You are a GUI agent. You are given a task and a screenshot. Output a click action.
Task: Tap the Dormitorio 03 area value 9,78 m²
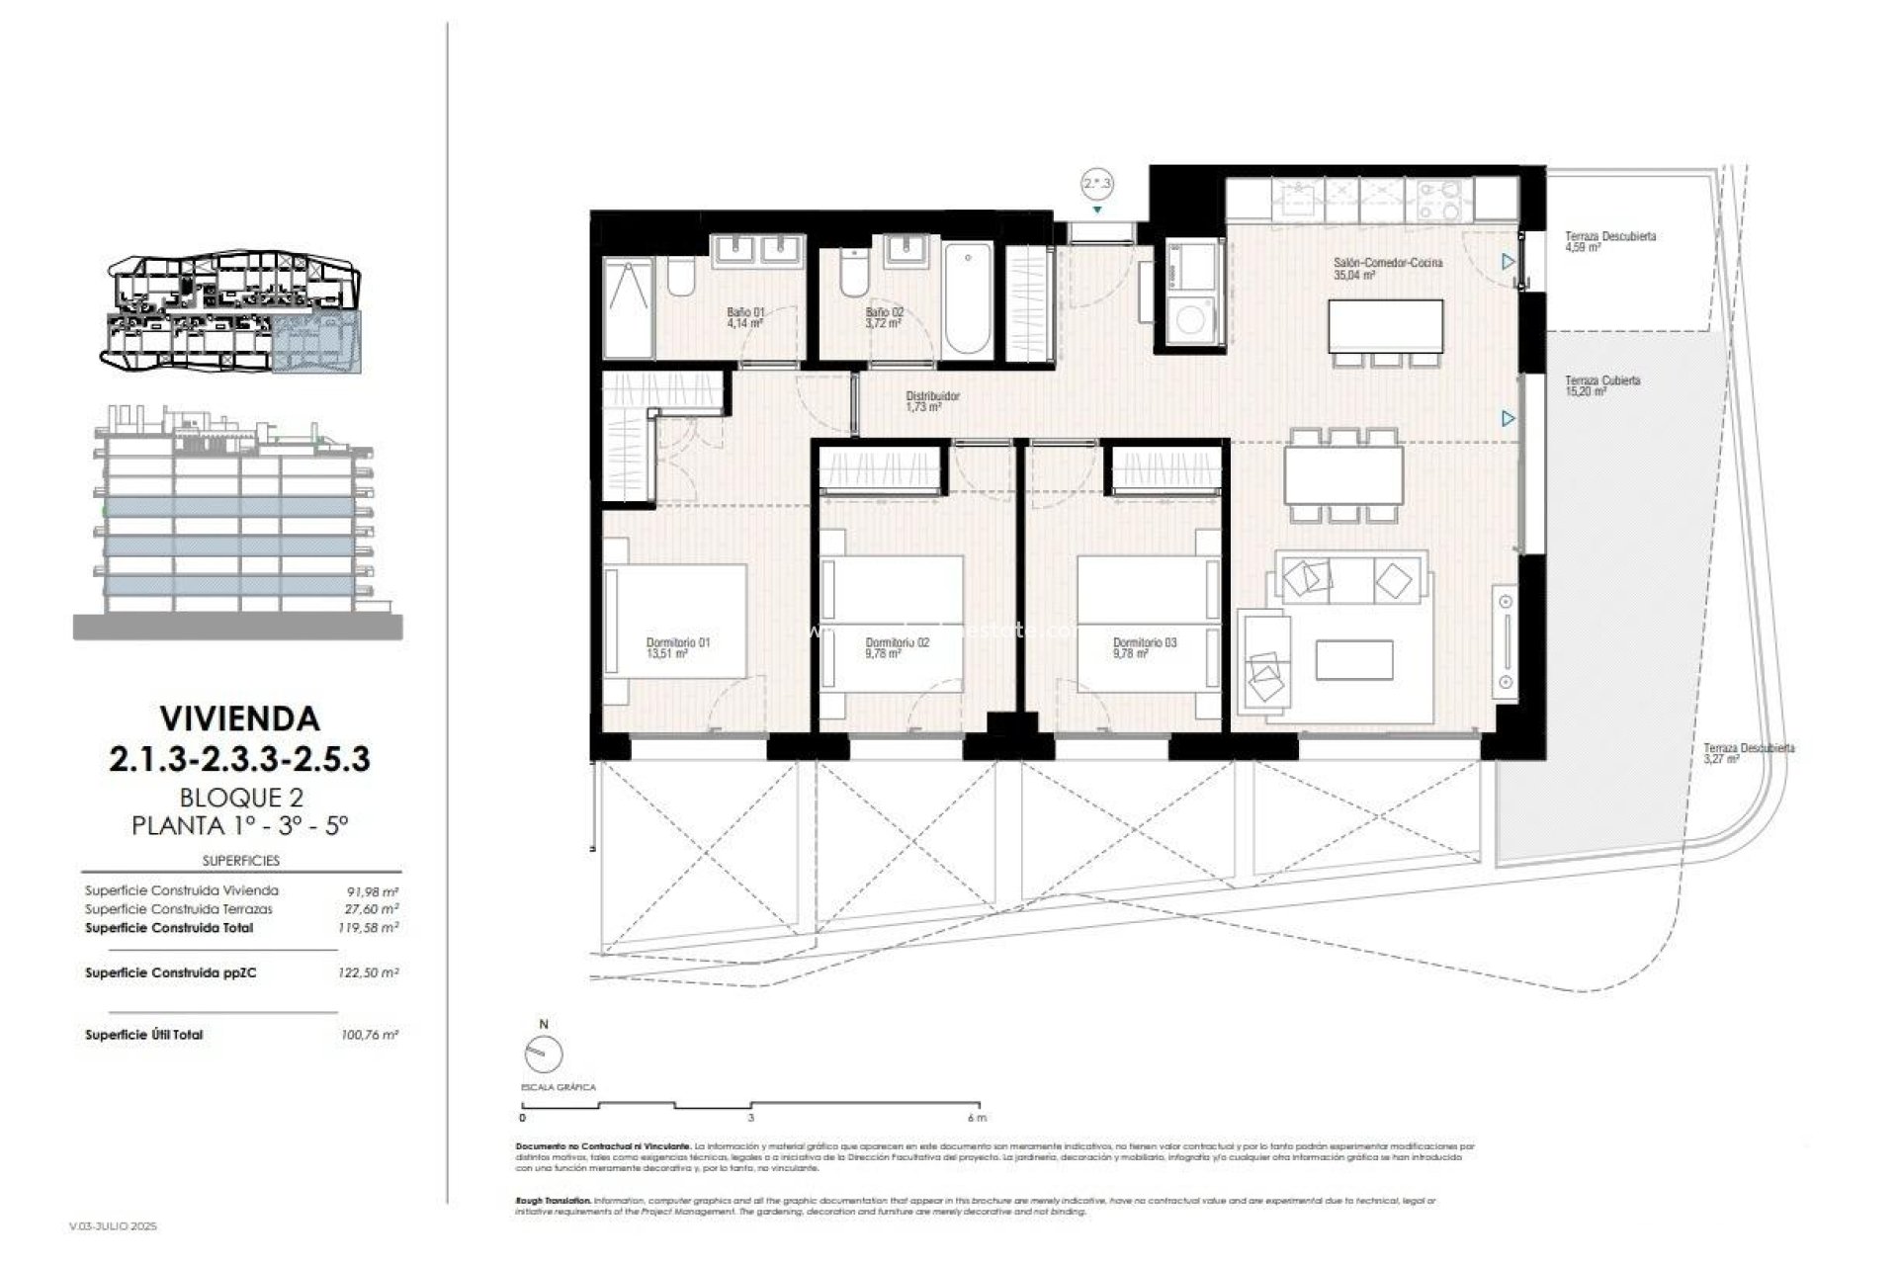pos(1129,654)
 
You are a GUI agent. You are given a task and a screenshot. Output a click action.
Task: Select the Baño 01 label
pos(745,312)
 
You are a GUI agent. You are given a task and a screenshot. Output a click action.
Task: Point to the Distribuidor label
pos(932,396)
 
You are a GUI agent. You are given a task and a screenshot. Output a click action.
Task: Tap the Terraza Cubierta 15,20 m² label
pos(1602,380)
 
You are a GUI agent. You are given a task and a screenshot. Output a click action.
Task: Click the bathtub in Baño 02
pos(967,297)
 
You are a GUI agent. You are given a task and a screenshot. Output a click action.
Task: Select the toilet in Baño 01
pos(680,278)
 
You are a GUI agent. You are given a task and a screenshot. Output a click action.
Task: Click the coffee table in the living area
pos(1354,659)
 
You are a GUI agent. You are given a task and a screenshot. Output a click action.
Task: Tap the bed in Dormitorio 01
pos(678,620)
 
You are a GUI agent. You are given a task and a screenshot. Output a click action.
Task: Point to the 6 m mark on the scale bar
pos(978,1118)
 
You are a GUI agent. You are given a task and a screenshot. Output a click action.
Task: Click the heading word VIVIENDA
pos(239,718)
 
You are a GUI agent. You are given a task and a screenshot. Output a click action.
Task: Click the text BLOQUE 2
pos(240,797)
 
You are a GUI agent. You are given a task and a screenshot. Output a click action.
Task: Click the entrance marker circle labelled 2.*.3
pos(1097,184)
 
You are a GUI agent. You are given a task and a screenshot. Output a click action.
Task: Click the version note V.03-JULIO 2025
pos(114,1226)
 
